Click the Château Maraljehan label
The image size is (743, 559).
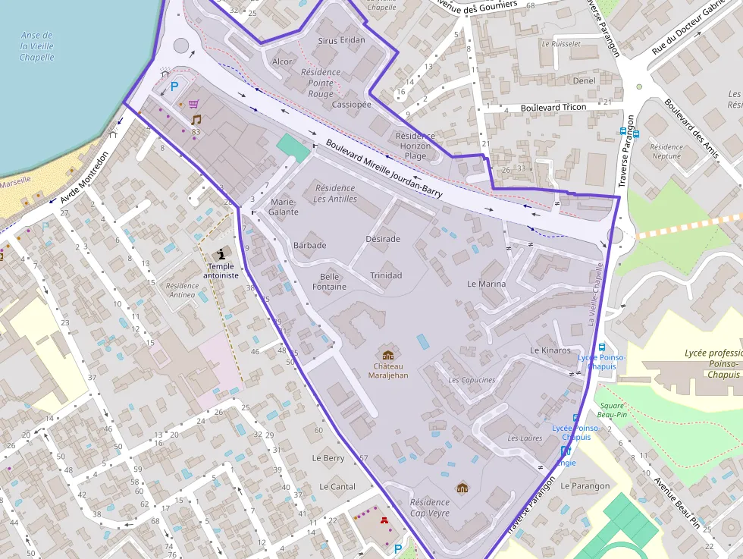point(387,370)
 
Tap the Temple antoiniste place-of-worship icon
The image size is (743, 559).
point(221,254)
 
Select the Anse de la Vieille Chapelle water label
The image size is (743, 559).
point(36,46)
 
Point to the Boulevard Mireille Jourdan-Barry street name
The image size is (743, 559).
point(384,168)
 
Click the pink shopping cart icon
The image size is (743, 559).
point(194,104)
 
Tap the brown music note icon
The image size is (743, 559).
point(196,120)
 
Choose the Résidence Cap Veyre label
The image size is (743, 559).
point(429,507)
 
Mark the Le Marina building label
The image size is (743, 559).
point(486,284)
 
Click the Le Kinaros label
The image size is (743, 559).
point(550,350)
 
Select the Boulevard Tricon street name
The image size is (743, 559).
point(553,108)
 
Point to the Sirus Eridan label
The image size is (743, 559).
point(341,40)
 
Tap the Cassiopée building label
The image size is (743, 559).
point(351,104)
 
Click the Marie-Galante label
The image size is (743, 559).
point(284,207)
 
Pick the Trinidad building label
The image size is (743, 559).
point(386,275)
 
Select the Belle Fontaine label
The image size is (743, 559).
point(329,281)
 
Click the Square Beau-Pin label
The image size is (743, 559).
point(611,410)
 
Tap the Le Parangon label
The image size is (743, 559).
point(585,486)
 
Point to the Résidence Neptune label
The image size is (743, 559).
point(666,152)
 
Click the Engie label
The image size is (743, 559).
point(566,463)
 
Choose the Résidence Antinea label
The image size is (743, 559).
point(181,290)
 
